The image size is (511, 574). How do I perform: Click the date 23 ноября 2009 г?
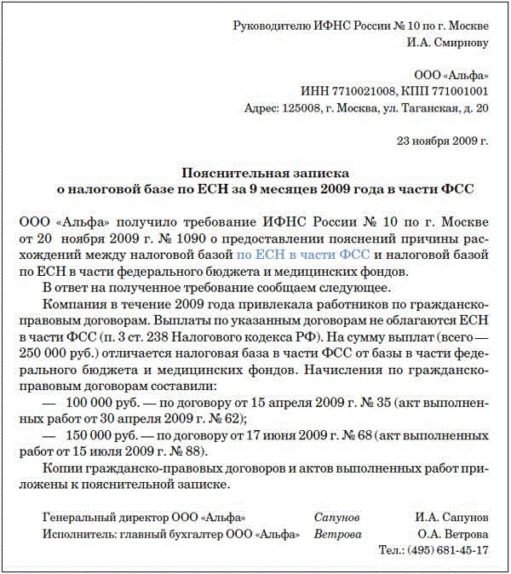[443, 140]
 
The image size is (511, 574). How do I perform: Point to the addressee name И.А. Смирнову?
[448, 42]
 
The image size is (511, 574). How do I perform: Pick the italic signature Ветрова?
[337, 534]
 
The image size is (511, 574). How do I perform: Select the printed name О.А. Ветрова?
[452, 534]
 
